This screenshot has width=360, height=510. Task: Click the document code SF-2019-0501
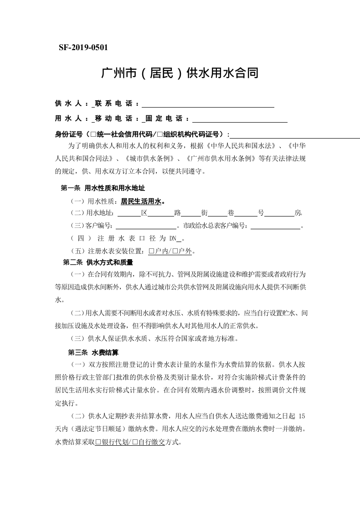(83, 47)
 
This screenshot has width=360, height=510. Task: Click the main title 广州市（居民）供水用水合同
(180, 73)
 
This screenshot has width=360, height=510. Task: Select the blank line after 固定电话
(240, 119)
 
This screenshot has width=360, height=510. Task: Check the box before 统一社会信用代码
(93, 134)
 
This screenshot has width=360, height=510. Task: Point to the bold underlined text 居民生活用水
(141, 201)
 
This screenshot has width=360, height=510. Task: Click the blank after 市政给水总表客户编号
(275, 226)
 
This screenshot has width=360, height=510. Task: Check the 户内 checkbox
(152, 251)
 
